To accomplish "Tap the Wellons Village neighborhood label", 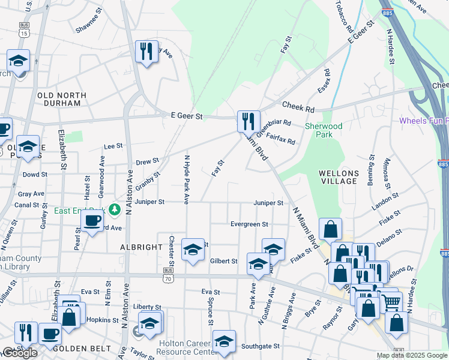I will click(339, 178).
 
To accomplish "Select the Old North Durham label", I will click(62, 99).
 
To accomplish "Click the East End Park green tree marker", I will click(114, 210).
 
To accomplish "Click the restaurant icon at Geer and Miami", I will click(248, 121).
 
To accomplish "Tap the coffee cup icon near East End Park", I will click(92, 221).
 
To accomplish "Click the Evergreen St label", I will click(250, 224).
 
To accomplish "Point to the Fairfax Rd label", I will click(280, 139).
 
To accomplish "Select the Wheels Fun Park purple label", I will click(424, 121).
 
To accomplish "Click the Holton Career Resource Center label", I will click(188, 347).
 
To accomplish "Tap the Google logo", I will click(19, 353).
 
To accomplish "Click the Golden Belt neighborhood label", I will click(82, 349).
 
